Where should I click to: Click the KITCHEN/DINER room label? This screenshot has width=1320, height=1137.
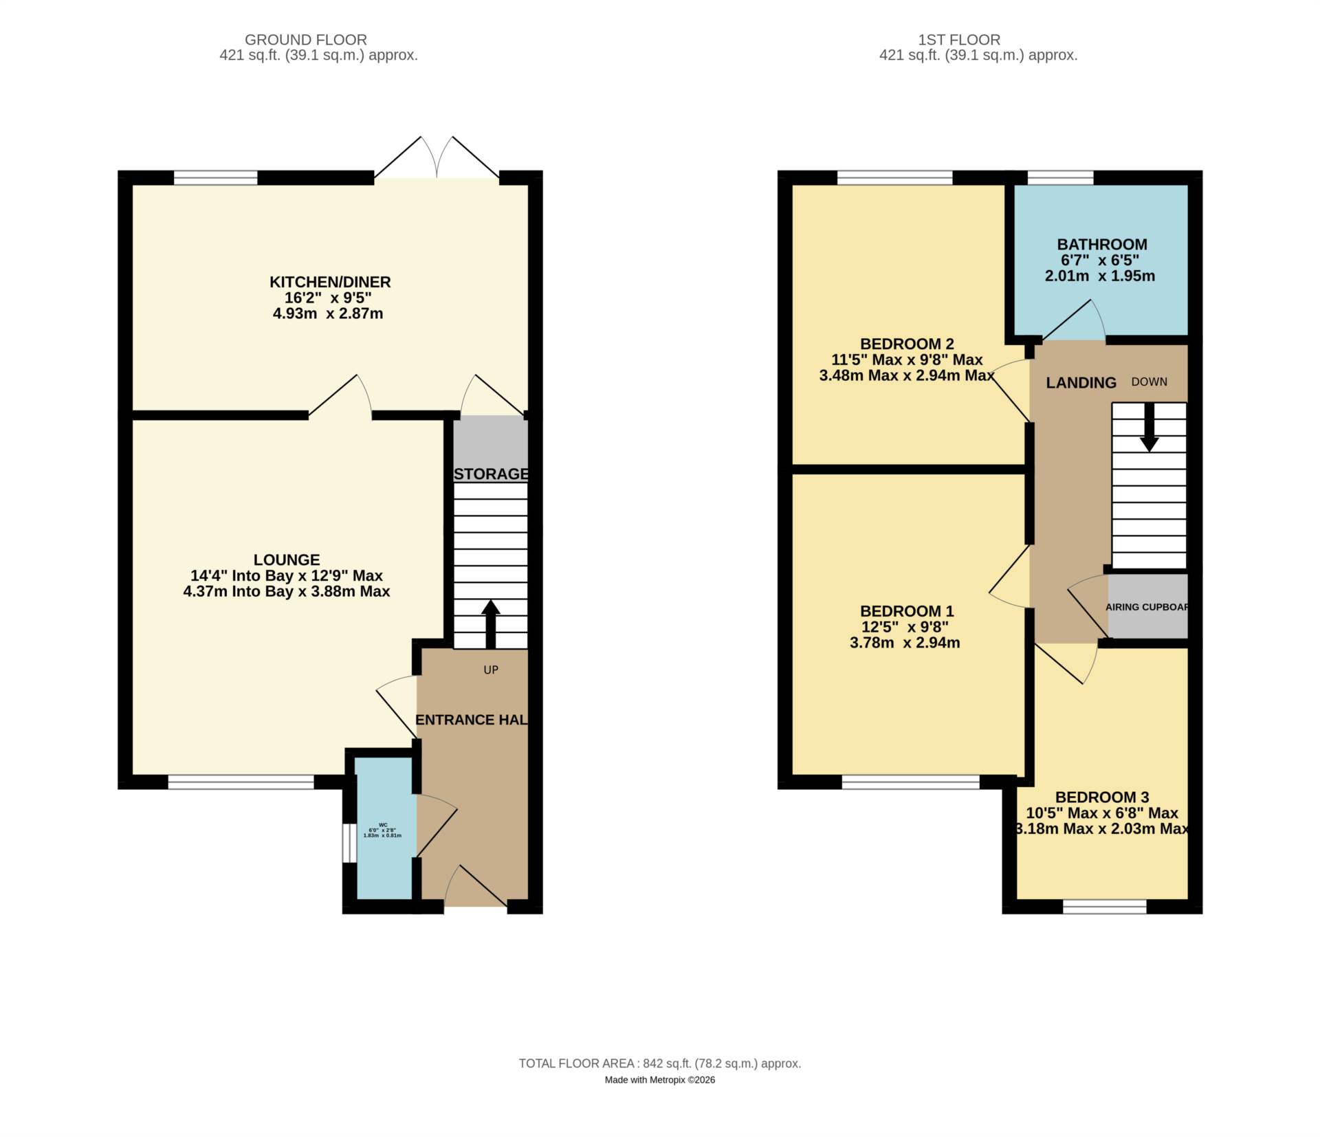(x=329, y=282)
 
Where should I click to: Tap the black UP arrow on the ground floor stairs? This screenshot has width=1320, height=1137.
(x=490, y=623)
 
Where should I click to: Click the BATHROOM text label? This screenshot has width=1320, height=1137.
(x=1101, y=245)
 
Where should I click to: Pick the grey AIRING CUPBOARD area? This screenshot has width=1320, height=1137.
(x=1147, y=606)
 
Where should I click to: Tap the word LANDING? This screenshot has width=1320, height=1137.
(x=1081, y=383)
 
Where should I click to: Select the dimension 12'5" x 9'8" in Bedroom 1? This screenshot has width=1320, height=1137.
(x=905, y=627)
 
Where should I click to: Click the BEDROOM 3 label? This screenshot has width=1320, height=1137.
(x=1101, y=797)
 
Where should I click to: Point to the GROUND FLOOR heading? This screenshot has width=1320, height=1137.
(x=306, y=40)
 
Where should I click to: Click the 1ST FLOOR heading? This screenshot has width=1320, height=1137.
(x=978, y=40)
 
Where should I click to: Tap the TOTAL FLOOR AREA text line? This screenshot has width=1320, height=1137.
(x=659, y=1063)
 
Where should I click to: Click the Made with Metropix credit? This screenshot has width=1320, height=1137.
(x=659, y=1080)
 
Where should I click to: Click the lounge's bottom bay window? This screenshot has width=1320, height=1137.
(x=241, y=781)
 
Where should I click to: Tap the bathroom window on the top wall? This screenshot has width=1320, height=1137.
(x=1059, y=178)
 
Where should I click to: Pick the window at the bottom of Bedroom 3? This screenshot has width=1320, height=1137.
(x=1104, y=907)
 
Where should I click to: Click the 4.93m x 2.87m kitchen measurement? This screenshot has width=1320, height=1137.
(x=327, y=314)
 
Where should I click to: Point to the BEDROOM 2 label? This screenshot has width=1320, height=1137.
(x=906, y=344)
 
